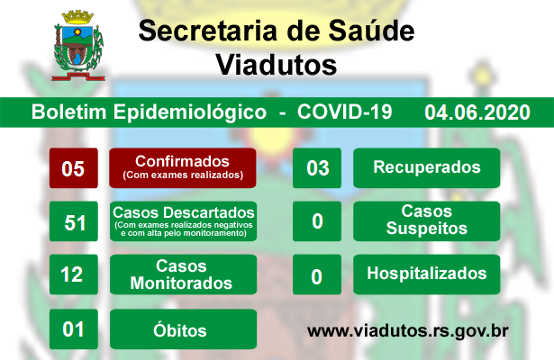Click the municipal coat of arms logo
click(x=78, y=46)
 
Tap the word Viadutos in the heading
click(x=277, y=65)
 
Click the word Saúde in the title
click(x=371, y=31)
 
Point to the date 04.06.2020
click(x=477, y=112)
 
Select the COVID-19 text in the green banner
click(x=344, y=112)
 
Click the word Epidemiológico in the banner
click(x=190, y=112)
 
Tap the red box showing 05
click(x=74, y=168)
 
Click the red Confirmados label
click(x=183, y=168)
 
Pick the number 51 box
click(x=74, y=221)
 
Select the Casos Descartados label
click(x=184, y=221)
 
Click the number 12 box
click(x=74, y=274)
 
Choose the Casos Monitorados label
click(x=184, y=274)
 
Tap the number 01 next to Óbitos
click(x=74, y=328)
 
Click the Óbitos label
click(x=184, y=328)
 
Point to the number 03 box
click(x=317, y=168)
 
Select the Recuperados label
click(x=426, y=168)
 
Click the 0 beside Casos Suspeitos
click(x=317, y=221)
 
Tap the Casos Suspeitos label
click(x=426, y=221)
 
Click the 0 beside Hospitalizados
click(x=317, y=274)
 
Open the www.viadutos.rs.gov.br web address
click(x=408, y=331)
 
